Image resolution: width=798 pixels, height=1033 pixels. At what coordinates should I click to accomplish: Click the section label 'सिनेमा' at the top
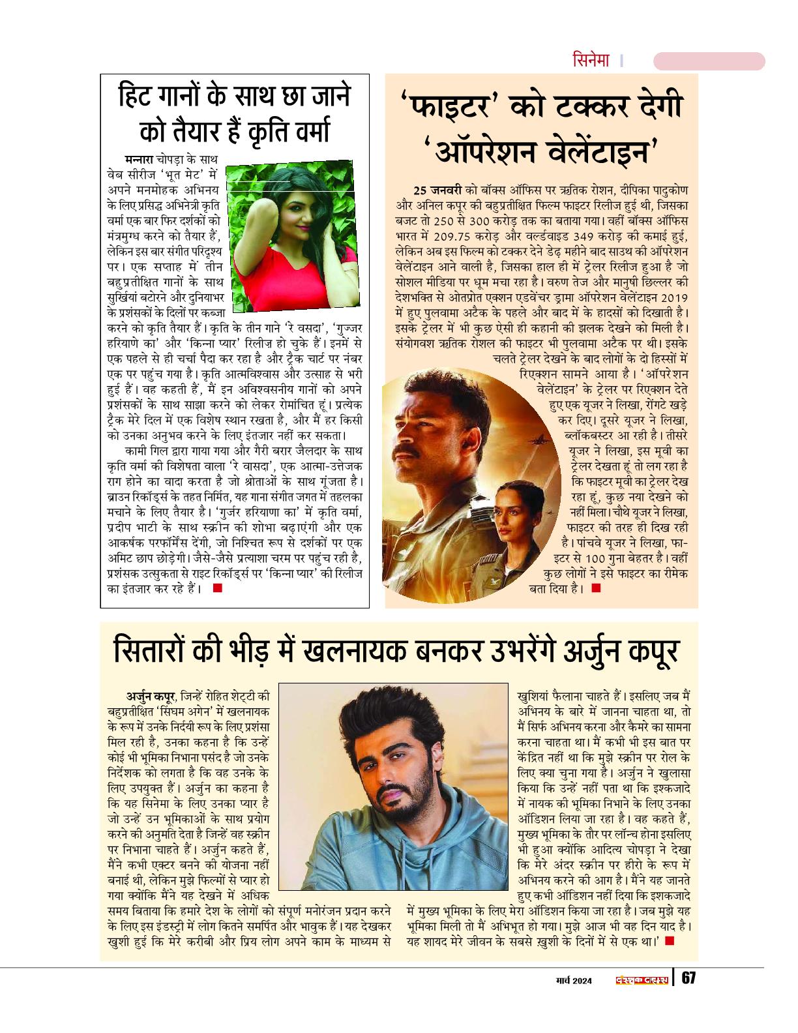(x=591, y=61)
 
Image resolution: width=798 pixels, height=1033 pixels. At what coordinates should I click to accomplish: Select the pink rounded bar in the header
(x=709, y=61)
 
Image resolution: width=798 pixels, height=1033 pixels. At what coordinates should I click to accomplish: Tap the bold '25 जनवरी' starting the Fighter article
(x=437, y=190)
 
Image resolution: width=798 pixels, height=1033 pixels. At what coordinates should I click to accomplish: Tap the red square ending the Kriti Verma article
(x=217, y=588)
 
